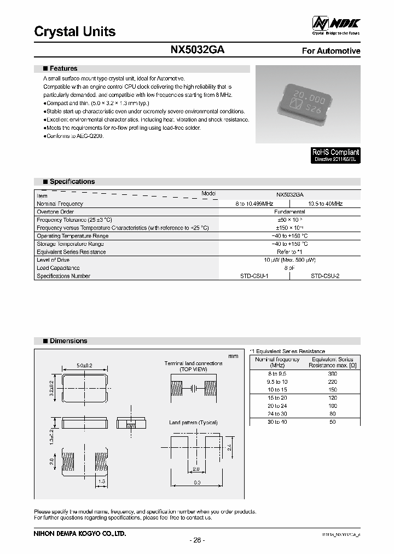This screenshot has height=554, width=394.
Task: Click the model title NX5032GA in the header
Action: coord(197,50)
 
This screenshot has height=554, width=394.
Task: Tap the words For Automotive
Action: coord(331,51)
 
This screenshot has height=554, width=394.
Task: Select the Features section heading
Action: coord(63,69)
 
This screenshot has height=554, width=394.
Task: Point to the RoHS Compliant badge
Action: coord(335,155)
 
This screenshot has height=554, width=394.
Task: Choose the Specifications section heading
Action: coord(72,182)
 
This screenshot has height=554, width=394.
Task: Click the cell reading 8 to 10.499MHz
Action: coord(254,204)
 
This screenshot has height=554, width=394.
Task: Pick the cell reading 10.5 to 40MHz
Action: coord(325,204)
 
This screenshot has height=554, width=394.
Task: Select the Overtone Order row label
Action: coord(55,212)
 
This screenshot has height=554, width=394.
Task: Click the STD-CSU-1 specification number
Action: coord(254,276)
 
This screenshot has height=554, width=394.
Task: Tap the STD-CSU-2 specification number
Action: coord(325,276)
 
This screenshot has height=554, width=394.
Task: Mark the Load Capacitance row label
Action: coord(58,268)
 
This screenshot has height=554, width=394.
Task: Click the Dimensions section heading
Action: coord(68,341)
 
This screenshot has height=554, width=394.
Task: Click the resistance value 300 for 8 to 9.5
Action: coord(332,373)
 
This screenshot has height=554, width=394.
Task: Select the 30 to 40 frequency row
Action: coord(277,422)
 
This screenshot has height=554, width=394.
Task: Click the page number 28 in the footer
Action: coord(197,540)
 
